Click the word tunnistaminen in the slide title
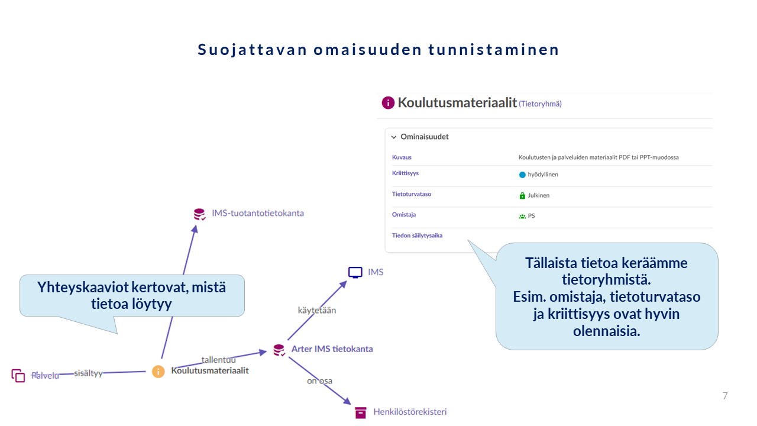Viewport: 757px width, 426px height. coord(494,50)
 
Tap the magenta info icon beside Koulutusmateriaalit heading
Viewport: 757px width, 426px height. coord(388,103)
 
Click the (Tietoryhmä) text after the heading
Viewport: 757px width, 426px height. coord(540,104)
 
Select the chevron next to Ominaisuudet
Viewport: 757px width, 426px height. coord(394,137)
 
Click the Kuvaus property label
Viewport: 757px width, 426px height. coord(402,157)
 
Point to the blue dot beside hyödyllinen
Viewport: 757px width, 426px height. coord(522,175)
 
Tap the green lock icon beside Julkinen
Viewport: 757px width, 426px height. coord(522,195)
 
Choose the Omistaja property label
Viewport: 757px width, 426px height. coord(404,215)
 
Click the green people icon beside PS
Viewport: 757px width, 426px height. coord(522,217)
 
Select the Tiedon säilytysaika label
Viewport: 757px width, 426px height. coord(417,235)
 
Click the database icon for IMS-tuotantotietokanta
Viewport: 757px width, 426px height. coord(199,214)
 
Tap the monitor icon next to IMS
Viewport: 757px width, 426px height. coord(355,273)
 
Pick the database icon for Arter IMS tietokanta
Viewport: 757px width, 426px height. coord(279,350)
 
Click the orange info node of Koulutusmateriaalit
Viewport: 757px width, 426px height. coord(158,372)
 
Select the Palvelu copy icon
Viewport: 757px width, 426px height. coord(18,375)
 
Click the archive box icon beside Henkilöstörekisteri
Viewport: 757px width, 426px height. coord(361,412)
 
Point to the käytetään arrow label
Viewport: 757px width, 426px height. coord(316,311)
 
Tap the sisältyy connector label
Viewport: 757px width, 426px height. coord(88,373)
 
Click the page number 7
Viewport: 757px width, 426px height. coord(725,396)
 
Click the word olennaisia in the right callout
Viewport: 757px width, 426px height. coord(606,331)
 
